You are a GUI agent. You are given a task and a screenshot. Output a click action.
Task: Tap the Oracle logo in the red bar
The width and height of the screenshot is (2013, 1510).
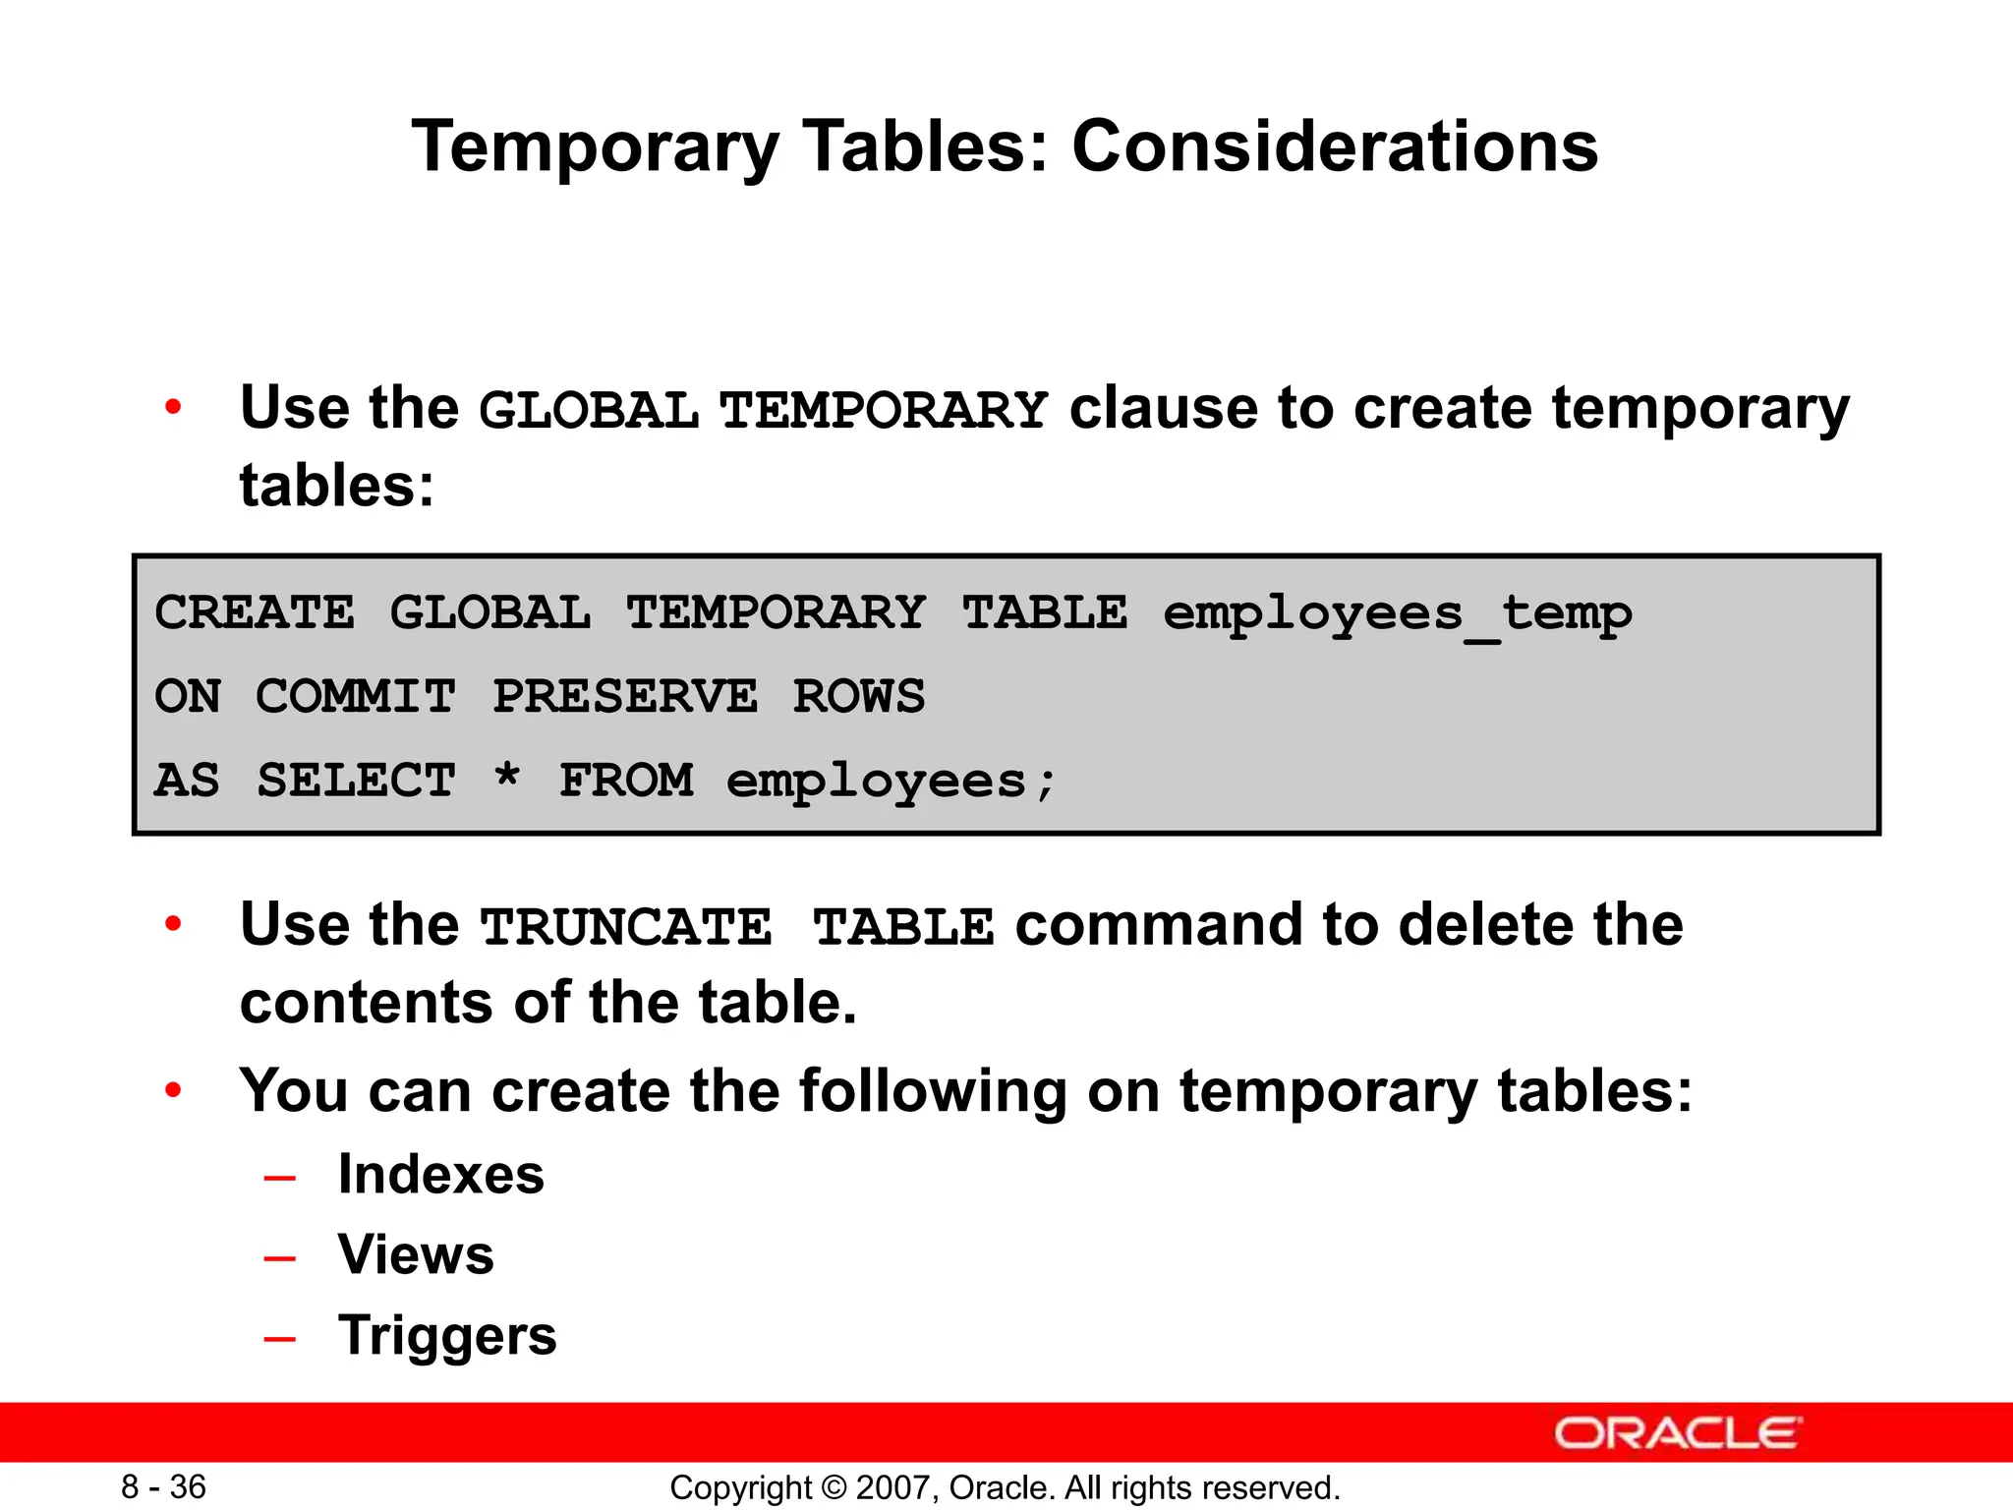[1677, 1433]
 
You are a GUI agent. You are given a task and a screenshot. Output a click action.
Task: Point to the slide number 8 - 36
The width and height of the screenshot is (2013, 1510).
[163, 1486]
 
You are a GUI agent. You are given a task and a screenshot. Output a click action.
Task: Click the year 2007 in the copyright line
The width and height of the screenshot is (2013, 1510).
[888, 1487]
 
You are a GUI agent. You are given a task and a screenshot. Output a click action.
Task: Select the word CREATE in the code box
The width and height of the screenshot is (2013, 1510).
[255, 613]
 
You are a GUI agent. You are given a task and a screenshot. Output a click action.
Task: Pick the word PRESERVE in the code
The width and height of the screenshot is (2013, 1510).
[625, 697]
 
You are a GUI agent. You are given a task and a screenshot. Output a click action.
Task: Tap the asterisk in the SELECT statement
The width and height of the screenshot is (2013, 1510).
[507, 777]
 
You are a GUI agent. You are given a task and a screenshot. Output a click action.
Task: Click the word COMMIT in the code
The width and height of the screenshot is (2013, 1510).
[356, 697]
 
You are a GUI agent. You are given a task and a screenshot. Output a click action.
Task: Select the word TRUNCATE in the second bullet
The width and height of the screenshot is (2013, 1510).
[626, 928]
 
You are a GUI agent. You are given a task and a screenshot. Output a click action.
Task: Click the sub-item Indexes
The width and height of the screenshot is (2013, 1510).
[440, 1175]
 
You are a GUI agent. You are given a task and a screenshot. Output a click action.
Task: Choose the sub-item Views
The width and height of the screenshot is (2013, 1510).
[416, 1255]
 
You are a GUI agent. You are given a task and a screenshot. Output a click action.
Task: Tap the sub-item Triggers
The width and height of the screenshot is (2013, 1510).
[447, 1336]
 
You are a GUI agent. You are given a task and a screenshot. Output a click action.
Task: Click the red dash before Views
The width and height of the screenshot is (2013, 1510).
[280, 1258]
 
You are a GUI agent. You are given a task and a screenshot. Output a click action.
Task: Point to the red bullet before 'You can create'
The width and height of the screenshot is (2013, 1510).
[174, 1089]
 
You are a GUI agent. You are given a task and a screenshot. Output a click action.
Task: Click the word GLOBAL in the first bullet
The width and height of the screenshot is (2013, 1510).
[588, 411]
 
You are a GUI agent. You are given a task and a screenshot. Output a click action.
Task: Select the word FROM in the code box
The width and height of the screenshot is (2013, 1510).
[626, 781]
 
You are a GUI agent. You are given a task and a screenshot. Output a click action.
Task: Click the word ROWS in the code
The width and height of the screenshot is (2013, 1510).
[859, 697]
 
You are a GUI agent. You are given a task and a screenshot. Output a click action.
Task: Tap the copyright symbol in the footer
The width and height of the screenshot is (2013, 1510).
[834, 1487]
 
